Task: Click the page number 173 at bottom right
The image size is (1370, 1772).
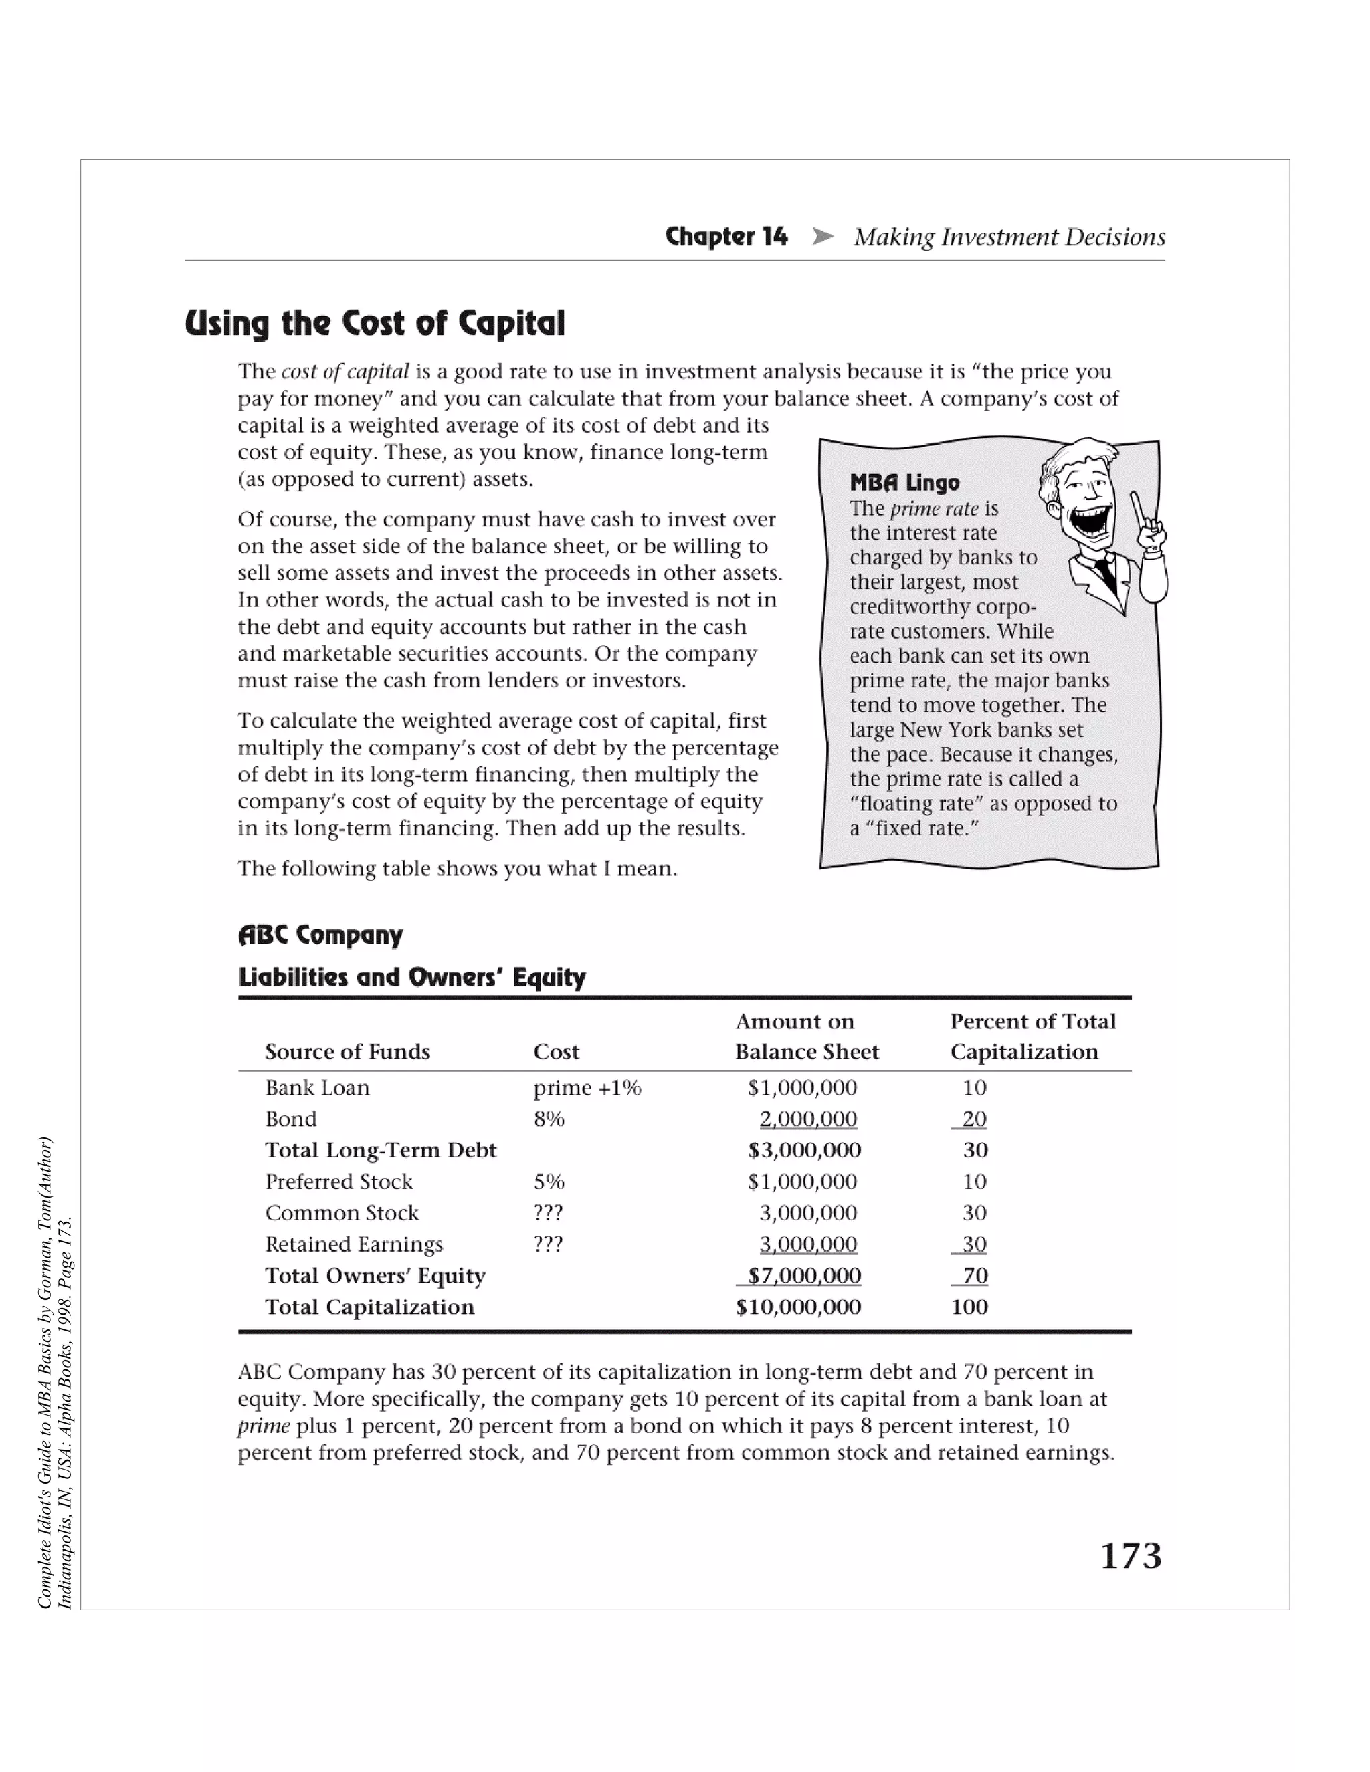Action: click(x=1131, y=1556)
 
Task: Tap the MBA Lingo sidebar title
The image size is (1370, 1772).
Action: click(x=904, y=483)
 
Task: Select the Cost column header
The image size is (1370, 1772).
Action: click(x=556, y=1052)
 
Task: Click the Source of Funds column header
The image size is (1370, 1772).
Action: click(x=347, y=1052)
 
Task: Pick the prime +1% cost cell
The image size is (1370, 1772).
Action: click(x=587, y=1087)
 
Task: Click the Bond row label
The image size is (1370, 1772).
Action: click(x=290, y=1119)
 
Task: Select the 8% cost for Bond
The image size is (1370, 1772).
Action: click(x=549, y=1119)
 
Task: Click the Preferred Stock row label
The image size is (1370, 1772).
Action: click(x=338, y=1182)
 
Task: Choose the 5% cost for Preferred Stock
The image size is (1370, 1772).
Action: click(x=549, y=1182)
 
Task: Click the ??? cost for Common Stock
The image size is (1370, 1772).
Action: click(x=548, y=1213)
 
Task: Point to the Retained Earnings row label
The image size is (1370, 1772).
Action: click(x=354, y=1244)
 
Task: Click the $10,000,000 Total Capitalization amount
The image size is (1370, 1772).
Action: click(x=798, y=1307)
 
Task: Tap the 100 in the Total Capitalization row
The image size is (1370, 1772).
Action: click(x=969, y=1307)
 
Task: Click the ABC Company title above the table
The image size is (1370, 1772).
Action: click(x=320, y=935)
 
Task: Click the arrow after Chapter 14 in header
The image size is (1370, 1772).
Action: click(x=822, y=237)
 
